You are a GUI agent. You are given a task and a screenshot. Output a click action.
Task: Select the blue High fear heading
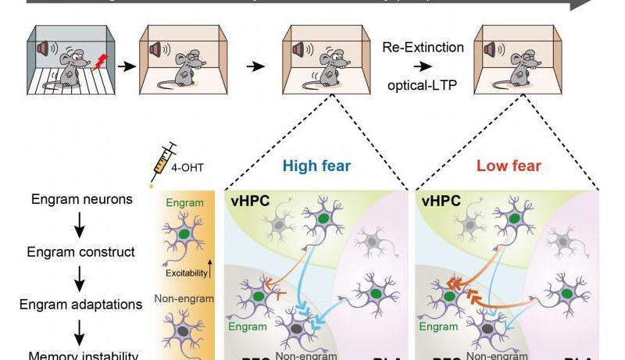tap(316, 166)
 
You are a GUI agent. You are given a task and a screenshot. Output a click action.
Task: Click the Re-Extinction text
tap(423, 48)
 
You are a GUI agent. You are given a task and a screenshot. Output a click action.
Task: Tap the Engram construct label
tap(80, 253)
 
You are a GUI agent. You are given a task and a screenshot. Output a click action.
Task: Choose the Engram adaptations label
tap(80, 305)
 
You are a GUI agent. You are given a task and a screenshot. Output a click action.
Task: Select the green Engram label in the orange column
tap(185, 203)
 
